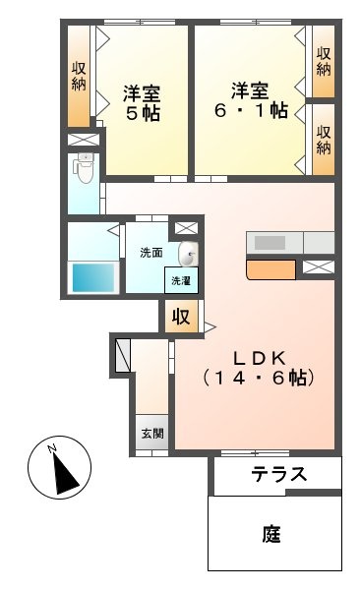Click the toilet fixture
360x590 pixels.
coord(86,168)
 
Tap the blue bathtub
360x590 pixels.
coord(93,277)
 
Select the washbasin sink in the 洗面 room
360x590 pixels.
coord(188,254)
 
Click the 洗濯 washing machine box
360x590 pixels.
coord(181,280)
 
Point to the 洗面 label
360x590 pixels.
coord(151,253)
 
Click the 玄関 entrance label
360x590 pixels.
coord(152,434)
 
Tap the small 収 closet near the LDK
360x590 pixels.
coord(181,317)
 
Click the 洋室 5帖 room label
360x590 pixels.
coord(142,102)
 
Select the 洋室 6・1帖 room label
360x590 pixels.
coord(251,100)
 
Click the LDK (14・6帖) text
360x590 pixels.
coord(259,369)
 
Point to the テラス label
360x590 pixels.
coord(279,474)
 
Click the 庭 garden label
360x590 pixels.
coord(271,534)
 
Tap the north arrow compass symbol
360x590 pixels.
coord(59,467)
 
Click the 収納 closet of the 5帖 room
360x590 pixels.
coord(79,76)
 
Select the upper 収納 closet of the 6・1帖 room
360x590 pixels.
coord(323,61)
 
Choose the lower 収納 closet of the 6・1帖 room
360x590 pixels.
coord(323,140)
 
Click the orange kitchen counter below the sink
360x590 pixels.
coord(270,269)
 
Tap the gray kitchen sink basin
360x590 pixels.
coord(270,243)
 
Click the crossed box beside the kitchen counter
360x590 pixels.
coord(319,266)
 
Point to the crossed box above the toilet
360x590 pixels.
coord(84,140)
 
